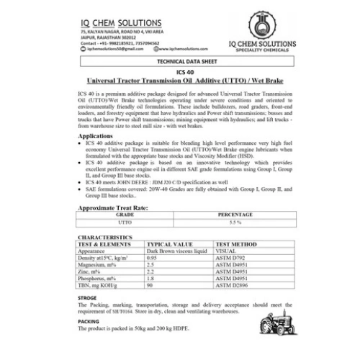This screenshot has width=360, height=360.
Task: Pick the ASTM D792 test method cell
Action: pos(232,257)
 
